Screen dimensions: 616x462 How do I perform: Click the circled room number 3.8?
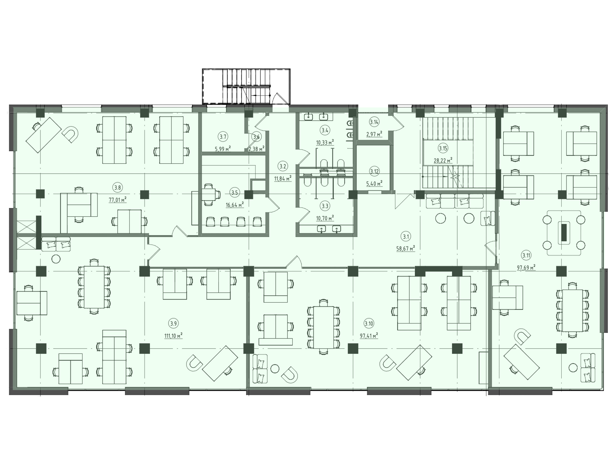pyautogui.click(x=118, y=187)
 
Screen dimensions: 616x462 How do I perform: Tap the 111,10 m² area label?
pyautogui.click(x=173, y=335)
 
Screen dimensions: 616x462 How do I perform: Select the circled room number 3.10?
pyautogui.click(x=369, y=324)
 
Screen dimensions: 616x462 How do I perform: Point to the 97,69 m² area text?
pyautogui.click(x=526, y=268)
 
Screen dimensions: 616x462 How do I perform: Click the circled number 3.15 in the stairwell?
pyautogui.click(x=443, y=149)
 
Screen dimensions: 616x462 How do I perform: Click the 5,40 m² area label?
pyautogui.click(x=374, y=184)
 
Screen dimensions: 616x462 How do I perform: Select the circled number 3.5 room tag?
pyautogui.click(x=234, y=193)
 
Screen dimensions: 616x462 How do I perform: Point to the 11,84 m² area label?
pyautogui.click(x=283, y=178)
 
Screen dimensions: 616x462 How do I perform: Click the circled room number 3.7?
pyautogui.click(x=223, y=137)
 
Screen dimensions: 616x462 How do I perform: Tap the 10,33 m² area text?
pyautogui.click(x=325, y=142)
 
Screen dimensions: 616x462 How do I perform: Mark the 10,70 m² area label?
pyautogui.click(x=325, y=218)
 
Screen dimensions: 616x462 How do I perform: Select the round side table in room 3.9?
pyautogui.click(x=56, y=259)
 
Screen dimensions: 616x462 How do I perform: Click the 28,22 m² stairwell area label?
pyautogui.click(x=443, y=160)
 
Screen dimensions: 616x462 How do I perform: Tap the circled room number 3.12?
pyautogui.click(x=374, y=171)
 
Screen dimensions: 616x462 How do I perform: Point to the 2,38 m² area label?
pyautogui.click(x=257, y=148)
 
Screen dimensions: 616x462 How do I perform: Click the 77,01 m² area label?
pyautogui.click(x=118, y=199)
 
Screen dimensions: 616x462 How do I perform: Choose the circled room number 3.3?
pyautogui.click(x=325, y=206)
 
